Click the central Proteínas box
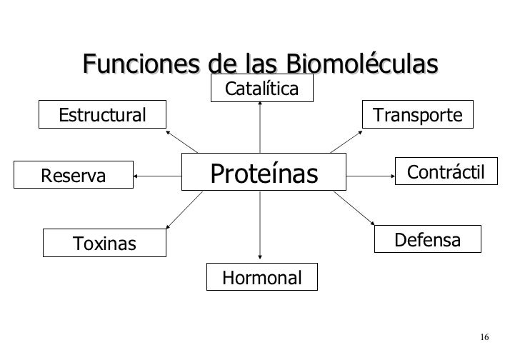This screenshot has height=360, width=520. [x=264, y=171]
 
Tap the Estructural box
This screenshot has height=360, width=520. [x=102, y=114]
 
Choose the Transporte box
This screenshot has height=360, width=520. [x=419, y=114]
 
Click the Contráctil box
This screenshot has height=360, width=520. [x=446, y=172]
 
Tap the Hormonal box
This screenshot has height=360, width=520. [x=262, y=277]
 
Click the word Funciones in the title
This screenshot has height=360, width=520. [x=142, y=64]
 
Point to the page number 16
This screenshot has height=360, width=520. [x=484, y=337]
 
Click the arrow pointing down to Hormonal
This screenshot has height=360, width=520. [x=260, y=227]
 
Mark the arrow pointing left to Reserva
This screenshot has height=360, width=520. [x=158, y=174]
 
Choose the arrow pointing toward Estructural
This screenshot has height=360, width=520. [x=181, y=141]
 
